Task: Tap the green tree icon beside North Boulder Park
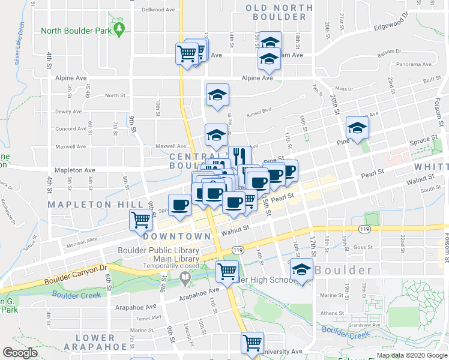coord(119,28)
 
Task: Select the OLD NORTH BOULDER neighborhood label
coord(279,12)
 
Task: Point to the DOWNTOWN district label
coord(177,236)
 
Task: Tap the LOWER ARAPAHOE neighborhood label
coord(91,343)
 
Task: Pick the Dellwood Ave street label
coord(158,10)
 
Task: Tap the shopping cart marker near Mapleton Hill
coord(140,220)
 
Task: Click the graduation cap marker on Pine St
coord(357,128)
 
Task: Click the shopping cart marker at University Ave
coord(252,343)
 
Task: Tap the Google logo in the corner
coord(20,353)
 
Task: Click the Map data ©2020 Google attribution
coord(411,355)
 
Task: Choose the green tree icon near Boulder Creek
coord(185,277)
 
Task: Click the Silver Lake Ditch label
coord(18,49)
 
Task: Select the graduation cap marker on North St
coord(217,94)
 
